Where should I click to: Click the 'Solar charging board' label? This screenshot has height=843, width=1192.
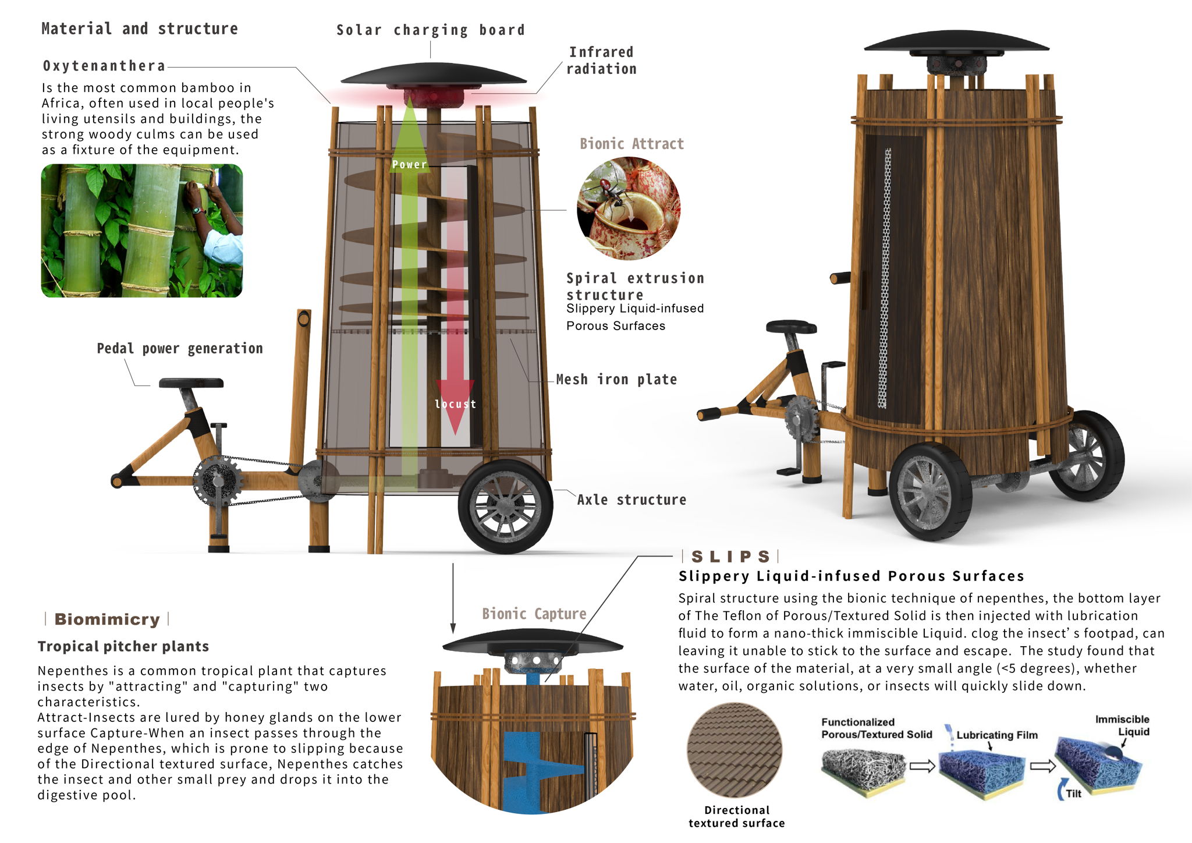(x=430, y=30)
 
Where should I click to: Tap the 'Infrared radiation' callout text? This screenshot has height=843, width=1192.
(x=601, y=61)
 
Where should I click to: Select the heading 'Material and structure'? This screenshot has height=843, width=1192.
(x=140, y=29)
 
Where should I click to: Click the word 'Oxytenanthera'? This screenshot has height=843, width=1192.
(x=104, y=66)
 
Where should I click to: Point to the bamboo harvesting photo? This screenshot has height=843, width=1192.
(x=141, y=231)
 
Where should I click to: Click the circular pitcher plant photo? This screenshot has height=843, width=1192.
(x=628, y=208)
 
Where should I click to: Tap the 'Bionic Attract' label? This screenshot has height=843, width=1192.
(x=632, y=144)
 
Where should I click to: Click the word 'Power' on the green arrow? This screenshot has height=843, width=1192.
(x=409, y=165)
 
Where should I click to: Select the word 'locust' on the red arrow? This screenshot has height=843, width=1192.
(x=455, y=404)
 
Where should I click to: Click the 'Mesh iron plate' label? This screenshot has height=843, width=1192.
(x=616, y=380)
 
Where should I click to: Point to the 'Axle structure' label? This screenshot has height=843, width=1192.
(x=632, y=500)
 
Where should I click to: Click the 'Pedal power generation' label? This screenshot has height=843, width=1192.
(x=180, y=349)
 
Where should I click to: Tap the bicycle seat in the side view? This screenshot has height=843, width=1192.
(x=191, y=383)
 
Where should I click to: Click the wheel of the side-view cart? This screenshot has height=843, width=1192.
(x=505, y=506)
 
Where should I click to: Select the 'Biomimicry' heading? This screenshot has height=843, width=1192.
(x=107, y=619)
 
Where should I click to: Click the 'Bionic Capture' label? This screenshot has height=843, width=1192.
(x=534, y=614)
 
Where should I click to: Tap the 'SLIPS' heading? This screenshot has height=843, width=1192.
(x=730, y=557)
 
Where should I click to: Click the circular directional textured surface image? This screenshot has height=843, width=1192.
(x=735, y=750)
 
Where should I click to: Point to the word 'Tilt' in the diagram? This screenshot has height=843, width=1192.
(x=1073, y=794)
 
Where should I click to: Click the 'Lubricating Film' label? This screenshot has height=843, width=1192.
(x=996, y=735)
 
